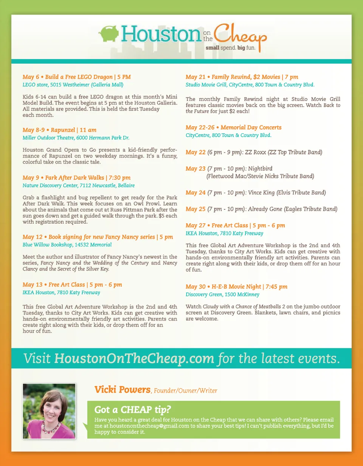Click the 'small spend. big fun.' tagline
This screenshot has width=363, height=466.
(232, 48)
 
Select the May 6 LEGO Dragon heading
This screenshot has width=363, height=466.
(77, 77)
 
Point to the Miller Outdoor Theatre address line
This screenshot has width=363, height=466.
(76, 138)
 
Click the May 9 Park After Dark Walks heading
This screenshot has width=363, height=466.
(77, 178)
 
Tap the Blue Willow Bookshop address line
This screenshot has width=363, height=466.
(67, 245)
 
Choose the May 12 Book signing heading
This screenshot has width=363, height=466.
(98, 237)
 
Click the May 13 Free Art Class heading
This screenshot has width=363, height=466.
(72, 285)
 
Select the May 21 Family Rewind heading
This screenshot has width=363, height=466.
(242, 77)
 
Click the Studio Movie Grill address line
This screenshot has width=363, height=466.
(250, 85)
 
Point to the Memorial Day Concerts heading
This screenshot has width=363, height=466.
(234, 128)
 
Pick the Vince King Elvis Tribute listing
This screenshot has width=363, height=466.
(256, 193)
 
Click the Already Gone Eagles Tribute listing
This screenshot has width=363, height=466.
(261, 209)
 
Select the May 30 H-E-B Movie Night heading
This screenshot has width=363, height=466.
(236, 287)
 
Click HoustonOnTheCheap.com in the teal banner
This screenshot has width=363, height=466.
(134, 358)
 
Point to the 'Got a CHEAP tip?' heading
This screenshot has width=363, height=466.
(132, 410)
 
